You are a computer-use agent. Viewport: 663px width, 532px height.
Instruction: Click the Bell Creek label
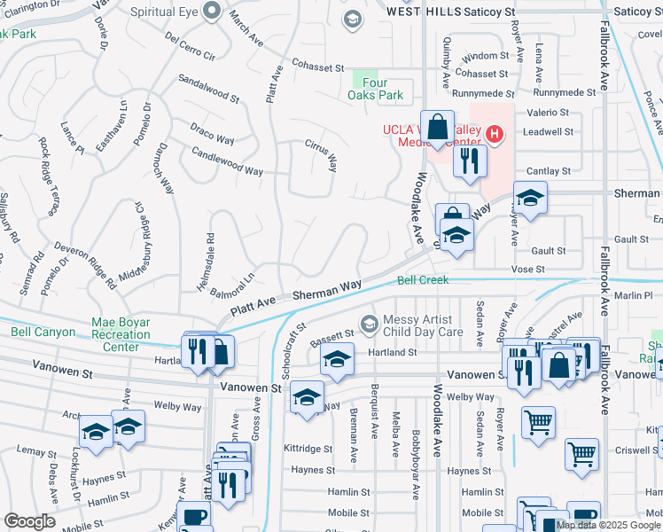click(x=423, y=280)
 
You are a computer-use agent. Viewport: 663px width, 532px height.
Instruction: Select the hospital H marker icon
click(x=495, y=135)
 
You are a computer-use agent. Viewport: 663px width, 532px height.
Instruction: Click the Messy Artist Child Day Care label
click(x=423, y=325)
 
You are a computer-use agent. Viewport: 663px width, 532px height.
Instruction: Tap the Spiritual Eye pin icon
click(x=212, y=12)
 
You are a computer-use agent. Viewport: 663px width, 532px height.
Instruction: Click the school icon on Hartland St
click(x=336, y=360)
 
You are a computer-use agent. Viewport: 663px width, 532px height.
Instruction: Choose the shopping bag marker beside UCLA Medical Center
click(x=438, y=127)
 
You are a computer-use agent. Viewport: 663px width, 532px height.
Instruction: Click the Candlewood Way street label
click(x=228, y=160)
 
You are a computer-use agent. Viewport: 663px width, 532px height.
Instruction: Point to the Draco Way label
click(x=212, y=134)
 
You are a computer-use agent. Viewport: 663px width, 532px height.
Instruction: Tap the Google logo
click(x=29, y=520)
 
